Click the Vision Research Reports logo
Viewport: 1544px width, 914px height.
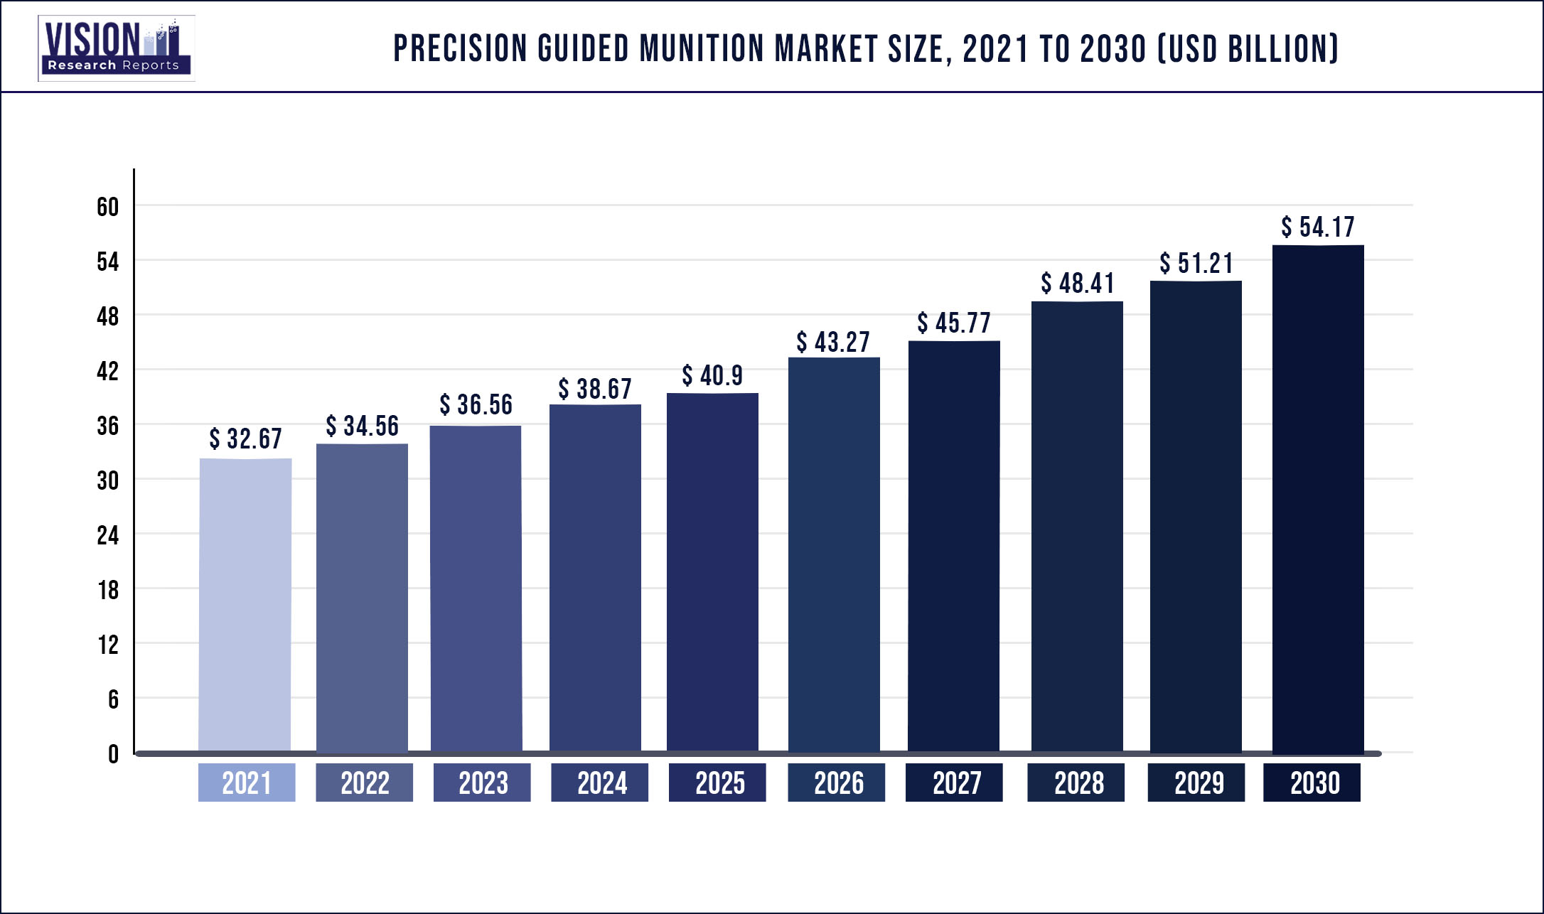coord(116,48)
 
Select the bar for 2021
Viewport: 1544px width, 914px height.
coord(245,604)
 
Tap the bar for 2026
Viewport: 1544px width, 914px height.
coord(834,554)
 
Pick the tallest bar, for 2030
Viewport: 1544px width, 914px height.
coord(1318,498)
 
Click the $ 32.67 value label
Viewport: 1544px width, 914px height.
coord(245,439)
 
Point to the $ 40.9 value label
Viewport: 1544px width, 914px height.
coord(712,375)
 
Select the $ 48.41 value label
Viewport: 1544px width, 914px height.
coord(1078,283)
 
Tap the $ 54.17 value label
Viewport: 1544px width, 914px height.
coord(1318,227)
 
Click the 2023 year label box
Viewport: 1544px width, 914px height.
coord(482,783)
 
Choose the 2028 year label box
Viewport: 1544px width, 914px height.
coord(1076,783)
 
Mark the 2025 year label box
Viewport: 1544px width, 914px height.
coord(717,783)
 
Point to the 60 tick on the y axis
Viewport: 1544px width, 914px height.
coord(107,207)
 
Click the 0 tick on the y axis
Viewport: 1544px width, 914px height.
coord(113,754)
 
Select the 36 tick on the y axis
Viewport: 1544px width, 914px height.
coord(107,426)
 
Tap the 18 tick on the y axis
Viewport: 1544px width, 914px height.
coord(108,590)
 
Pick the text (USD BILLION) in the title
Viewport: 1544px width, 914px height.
coord(1248,48)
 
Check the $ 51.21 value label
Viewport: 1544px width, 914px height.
coord(1196,263)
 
